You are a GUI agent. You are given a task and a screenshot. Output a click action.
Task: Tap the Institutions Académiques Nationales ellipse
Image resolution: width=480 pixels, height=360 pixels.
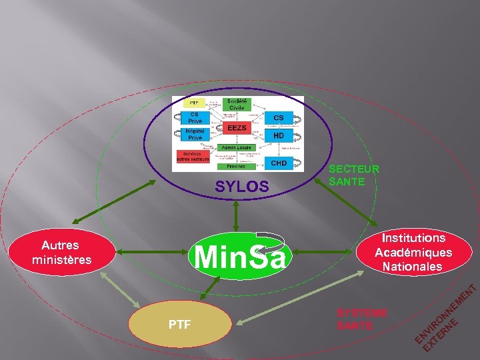pyautogui.click(x=413, y=252)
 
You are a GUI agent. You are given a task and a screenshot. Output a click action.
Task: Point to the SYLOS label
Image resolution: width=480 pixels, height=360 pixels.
pyautogui.click(x=241, y=189)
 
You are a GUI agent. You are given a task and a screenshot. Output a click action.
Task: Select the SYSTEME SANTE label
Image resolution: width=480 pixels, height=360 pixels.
pyautogui.click(x=362, y=319)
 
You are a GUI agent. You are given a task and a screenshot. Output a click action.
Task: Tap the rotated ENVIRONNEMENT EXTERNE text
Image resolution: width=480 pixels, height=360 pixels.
pyautogui.click(x=443, y=319)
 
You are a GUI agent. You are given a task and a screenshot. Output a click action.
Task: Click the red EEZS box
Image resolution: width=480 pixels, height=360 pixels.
pyautogui.click(x=237, y=128)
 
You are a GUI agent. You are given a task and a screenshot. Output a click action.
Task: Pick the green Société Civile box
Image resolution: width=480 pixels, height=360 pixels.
pyautogui.click(x=237, y=104)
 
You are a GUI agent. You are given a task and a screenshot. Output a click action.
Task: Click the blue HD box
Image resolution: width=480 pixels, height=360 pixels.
pyautogui.click(x=279, y=135)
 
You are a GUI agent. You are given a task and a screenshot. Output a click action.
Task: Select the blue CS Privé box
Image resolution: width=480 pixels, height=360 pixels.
pyautogui.click(x=195, y=117)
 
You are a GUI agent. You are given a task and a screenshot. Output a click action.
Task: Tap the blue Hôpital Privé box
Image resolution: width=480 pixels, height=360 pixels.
pyautogui.click(x=195, y=135)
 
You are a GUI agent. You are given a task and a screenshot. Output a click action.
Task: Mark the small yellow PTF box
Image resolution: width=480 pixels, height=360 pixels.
pyautogui.click(x=193, y=103)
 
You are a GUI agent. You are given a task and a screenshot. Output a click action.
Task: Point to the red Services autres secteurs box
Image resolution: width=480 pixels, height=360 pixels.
pyautogui.click(x=193, y=156)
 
